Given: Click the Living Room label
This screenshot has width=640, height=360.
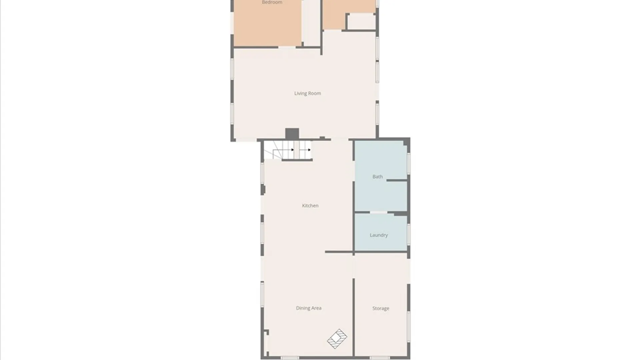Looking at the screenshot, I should click(307, 93).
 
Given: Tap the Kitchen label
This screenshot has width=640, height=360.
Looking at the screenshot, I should click(310, 206).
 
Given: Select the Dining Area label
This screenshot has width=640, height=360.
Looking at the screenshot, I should click(309, 308).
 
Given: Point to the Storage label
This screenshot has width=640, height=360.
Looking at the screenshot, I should click(381, 308).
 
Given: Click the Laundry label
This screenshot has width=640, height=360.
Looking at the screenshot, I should click(379, 235).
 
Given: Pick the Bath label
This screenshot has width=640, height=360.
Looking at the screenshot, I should click(377, 177).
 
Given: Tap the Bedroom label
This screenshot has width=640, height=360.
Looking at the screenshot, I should click(272, 3).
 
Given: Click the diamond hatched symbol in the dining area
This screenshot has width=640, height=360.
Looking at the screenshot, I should click(337, 339).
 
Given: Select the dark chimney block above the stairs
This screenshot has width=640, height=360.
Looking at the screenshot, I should click(292, 134).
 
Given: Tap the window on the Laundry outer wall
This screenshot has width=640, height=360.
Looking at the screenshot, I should click(409, 234).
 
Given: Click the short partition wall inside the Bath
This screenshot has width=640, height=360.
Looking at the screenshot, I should click(397, 180).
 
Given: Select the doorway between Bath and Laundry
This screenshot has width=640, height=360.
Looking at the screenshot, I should click(379, 212).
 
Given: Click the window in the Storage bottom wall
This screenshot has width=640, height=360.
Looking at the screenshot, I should click(380, 358).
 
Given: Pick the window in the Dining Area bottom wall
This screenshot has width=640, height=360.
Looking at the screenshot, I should click(290, 358).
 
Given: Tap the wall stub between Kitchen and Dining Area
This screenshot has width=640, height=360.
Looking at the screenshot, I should click(339, 252).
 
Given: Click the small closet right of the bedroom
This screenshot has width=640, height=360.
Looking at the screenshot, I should click(362, 22).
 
